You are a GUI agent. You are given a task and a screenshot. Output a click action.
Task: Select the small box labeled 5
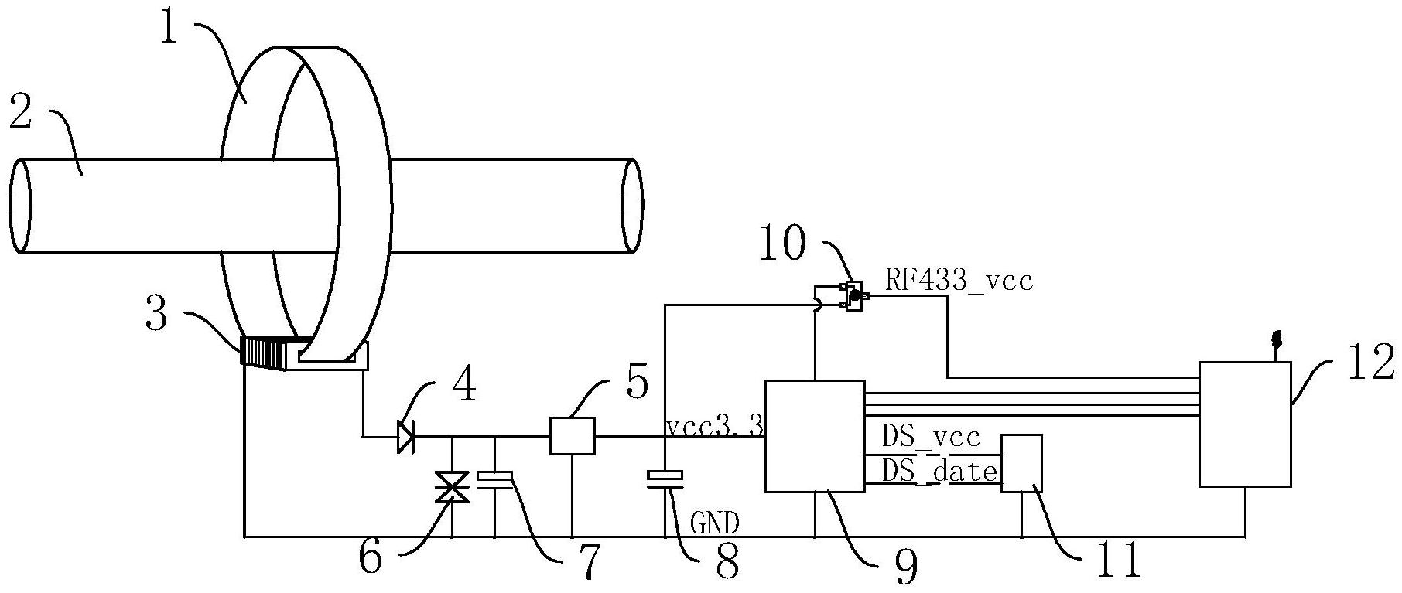(572, 435)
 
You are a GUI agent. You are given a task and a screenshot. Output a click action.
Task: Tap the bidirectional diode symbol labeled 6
(452, 488)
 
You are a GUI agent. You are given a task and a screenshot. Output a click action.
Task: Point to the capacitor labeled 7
(495, 481)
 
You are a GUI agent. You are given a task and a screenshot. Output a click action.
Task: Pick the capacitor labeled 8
(665, 480)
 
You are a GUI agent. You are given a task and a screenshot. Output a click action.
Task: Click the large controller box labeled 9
(815, 436)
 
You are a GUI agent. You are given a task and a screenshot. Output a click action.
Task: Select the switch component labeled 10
(853, 295)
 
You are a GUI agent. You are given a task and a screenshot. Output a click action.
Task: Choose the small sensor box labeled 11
(1022, 462)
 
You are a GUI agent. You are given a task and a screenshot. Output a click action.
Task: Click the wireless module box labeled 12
(1245, 424)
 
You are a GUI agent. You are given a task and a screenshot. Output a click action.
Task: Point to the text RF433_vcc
(959, 280)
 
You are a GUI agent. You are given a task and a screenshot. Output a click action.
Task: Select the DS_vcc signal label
(932, 438)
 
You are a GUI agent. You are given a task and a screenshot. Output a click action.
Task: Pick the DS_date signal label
(939, 470)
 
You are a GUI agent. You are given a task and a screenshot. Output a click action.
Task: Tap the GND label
(713, 524)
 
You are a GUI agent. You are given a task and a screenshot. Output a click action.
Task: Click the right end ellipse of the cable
(632, 206)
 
